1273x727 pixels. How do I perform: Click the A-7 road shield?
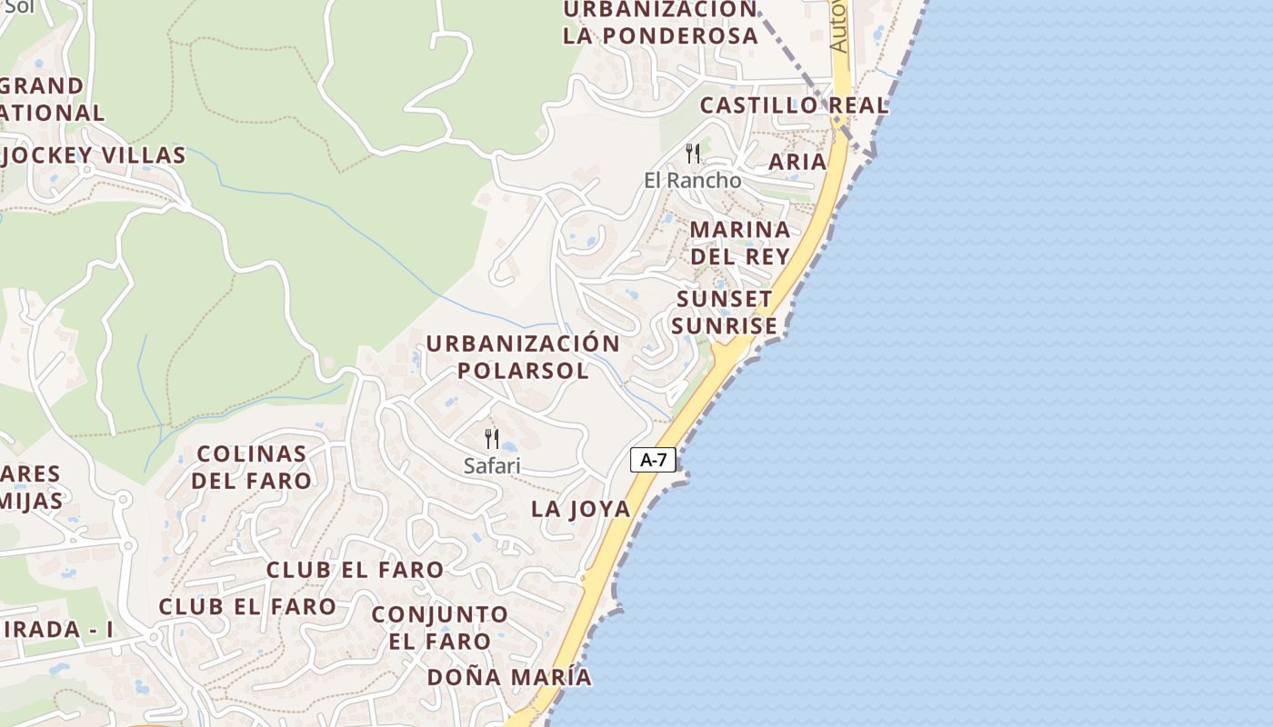(x=653, y=460)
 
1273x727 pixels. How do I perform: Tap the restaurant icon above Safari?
(x=492, y=439)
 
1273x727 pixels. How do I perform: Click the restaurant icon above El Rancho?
(x=693, y=153)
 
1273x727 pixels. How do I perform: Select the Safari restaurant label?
(x=492, y=466)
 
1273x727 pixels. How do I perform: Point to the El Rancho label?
(x=692, y=180)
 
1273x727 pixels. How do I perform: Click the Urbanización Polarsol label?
(x=523, y=357)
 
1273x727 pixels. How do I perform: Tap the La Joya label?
(x=580, y=509)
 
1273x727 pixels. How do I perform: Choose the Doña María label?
(x=509, y=677)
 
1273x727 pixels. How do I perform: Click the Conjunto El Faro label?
(x=440, y=627)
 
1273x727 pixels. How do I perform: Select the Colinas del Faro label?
(x=251, y=466)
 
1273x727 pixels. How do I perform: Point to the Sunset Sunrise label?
(x=725, y=312)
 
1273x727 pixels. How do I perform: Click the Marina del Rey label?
(x=739, y=242)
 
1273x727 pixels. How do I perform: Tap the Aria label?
(x=797, y=162)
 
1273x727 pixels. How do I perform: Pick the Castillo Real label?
(x=794, y=105)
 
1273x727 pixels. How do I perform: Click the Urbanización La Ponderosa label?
(x=660, y=23)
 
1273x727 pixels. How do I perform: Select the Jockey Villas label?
(x=95, y=155)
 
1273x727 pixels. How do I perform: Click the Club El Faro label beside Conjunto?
(x=247, y=606)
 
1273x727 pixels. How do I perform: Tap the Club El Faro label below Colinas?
(x=355, y=570)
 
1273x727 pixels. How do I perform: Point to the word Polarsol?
(x=523, y=371)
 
